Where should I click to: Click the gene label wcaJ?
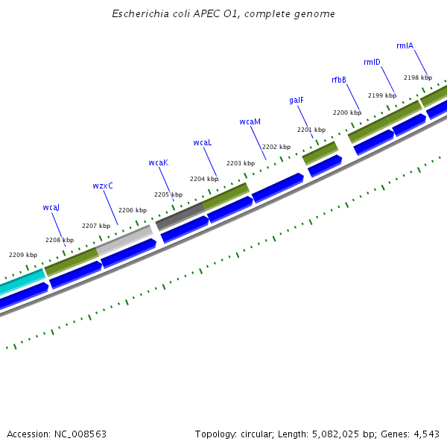[x=51, y=207]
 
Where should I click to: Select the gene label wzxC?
[x=103, y=186]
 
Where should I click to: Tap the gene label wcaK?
[x=158, y=162]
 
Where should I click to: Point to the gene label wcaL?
[x=203, y=142]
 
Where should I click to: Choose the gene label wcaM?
[x=250, y=121]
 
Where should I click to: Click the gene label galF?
[x=297, y=100]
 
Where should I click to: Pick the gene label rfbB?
[x=339, y=80]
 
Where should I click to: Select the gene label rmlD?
[x=372, y=62]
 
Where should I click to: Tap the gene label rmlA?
[x=405, y=45]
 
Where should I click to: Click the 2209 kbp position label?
[x=23, y=255]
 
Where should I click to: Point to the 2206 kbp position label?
[x=133, y=210]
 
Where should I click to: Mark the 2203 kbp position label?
[x=240, y=163]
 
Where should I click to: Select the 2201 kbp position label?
[x=311, y=130]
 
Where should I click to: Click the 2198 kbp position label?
[x=417, y=77]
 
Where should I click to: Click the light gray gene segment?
[x=124, y=239]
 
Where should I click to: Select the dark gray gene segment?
[x=180, y=216]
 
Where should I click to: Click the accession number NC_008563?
[x=79, y=434]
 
